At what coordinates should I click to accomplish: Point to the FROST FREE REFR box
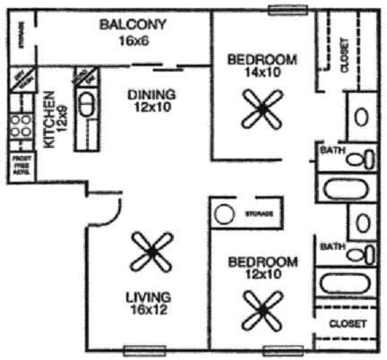[19, 167]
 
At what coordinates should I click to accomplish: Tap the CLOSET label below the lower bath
[348, 323]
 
